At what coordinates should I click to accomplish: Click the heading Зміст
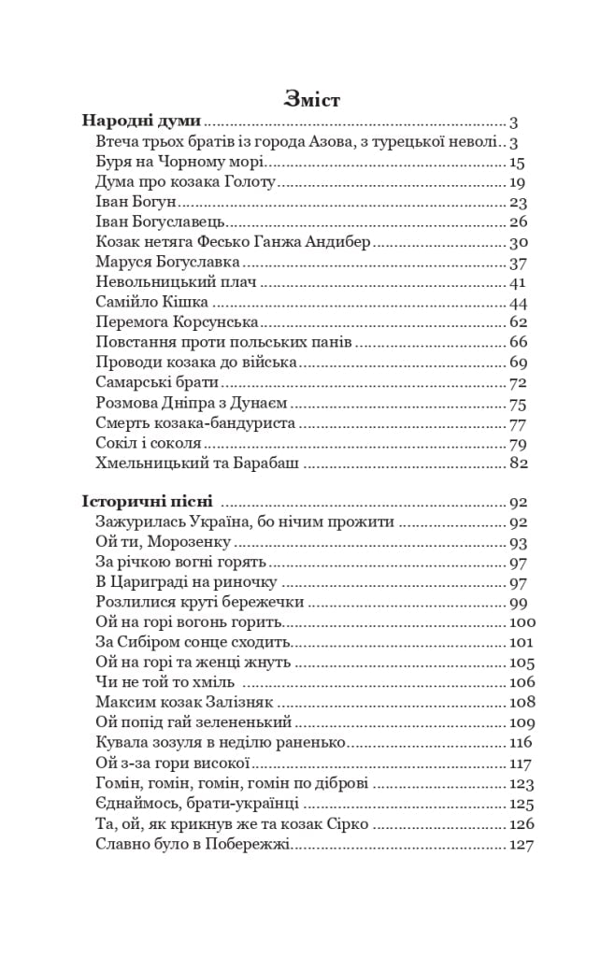point(311,99)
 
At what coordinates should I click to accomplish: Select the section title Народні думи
point(142,121)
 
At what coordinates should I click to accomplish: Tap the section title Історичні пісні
point(148,501)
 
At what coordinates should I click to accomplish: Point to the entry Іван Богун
point(136,202)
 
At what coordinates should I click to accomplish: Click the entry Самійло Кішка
point(151,303)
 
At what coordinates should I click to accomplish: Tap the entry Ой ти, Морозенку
point(164,542)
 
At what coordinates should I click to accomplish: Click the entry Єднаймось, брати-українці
point(197,804)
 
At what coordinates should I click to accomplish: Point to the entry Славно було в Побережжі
point(193,845)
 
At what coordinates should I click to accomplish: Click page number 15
point(519,162)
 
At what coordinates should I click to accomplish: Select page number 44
point(519,303)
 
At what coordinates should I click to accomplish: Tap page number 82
point(519,464)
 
